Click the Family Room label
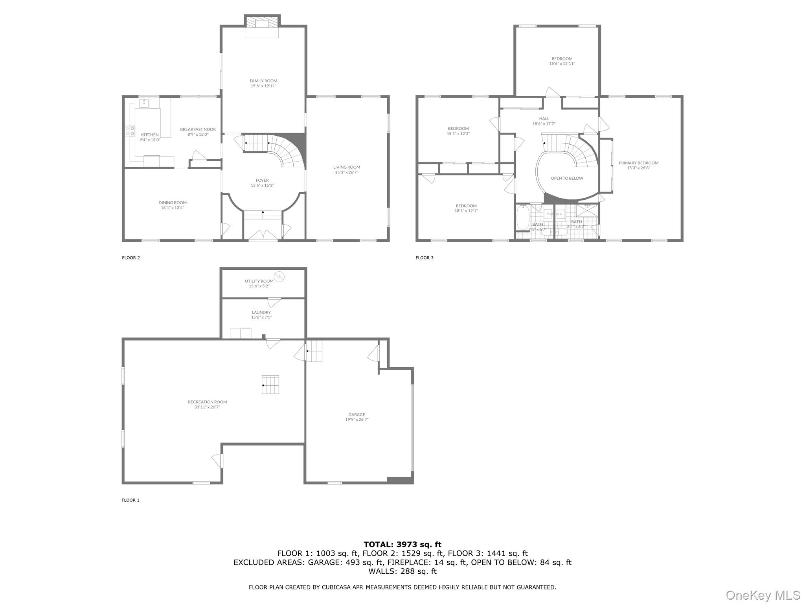click(x=263, y=81)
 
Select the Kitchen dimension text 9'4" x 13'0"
click(x=150, y=140)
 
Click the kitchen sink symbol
click(x=143, y=103)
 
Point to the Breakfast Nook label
click(x=198, y=129)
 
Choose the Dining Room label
click(x=173, y=203)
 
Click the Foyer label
click(x=262, y=180)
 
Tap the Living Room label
click(x=346, y=167)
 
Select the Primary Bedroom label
click(x=638, y=163)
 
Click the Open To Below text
click(x=567, y=179)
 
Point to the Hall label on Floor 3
click(x=544, y=119)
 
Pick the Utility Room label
click(x=259, y=281)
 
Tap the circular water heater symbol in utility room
click(x=279, y=277)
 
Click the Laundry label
click(x=261, y=313)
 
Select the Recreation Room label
click(x=207, y=402)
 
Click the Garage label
click(x=357, y=414)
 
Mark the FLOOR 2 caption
click(x=131, y=258)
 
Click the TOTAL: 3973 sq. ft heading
click(x=402, y=545)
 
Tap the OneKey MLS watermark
click(x=763, y=595)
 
